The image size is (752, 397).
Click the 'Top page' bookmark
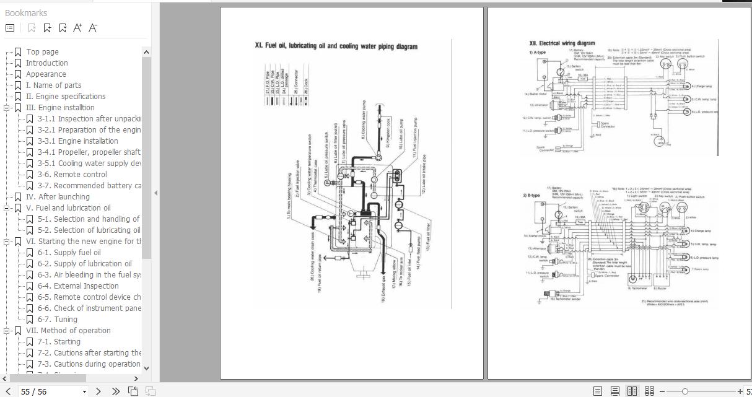(x=42, y=52)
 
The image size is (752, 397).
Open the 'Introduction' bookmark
(x=46, y=63)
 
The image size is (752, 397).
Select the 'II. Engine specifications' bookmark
(x=65, y=97)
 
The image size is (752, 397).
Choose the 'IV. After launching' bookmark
(x=58, y=197)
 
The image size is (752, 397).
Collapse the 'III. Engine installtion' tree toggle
(x=7, y=108)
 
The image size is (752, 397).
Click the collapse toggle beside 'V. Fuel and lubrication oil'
(x=7, y=208)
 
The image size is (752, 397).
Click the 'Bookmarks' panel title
(x=26, y=13)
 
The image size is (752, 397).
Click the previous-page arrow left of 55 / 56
(x=8, y=391)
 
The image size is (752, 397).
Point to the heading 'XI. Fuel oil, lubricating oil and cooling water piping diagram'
(x=336, y=46)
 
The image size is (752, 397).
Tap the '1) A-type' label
(x=537, y=53)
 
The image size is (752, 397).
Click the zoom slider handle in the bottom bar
(x=684, y=391)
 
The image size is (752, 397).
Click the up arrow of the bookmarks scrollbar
(x=146, y=52)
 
